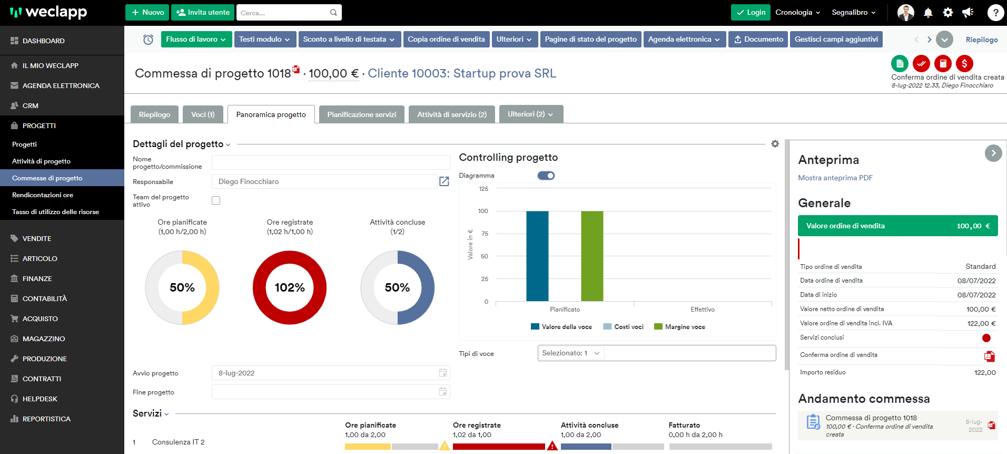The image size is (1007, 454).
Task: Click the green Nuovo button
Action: pos(147,12)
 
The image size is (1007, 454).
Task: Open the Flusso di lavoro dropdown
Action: pos(196,39)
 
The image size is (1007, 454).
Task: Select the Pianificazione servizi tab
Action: pos(361,114)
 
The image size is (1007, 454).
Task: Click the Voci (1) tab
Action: pos(203,114)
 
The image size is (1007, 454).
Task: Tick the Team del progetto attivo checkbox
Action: pos(216,200)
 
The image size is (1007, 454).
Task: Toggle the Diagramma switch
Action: pos(546,176)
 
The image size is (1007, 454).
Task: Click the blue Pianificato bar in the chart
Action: pos(537,256)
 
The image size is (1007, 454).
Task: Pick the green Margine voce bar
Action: pos(592,256)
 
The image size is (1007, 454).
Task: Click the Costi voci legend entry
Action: pos(624,327)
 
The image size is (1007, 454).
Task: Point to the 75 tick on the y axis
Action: pos(485,234)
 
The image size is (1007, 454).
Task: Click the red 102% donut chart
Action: pos(290,287)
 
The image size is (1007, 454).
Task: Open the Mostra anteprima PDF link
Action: pos(835,178)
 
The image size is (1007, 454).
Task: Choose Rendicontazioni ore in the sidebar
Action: pos(43,195)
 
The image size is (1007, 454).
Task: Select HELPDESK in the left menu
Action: pos(40,399)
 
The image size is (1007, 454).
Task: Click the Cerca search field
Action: pos(283,13)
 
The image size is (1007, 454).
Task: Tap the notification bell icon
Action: pos(928,13)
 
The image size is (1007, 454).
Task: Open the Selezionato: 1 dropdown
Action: pos(571,353)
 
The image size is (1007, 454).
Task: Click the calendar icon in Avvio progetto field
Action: pos(443,373)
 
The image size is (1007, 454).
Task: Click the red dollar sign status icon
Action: pos(964,64)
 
